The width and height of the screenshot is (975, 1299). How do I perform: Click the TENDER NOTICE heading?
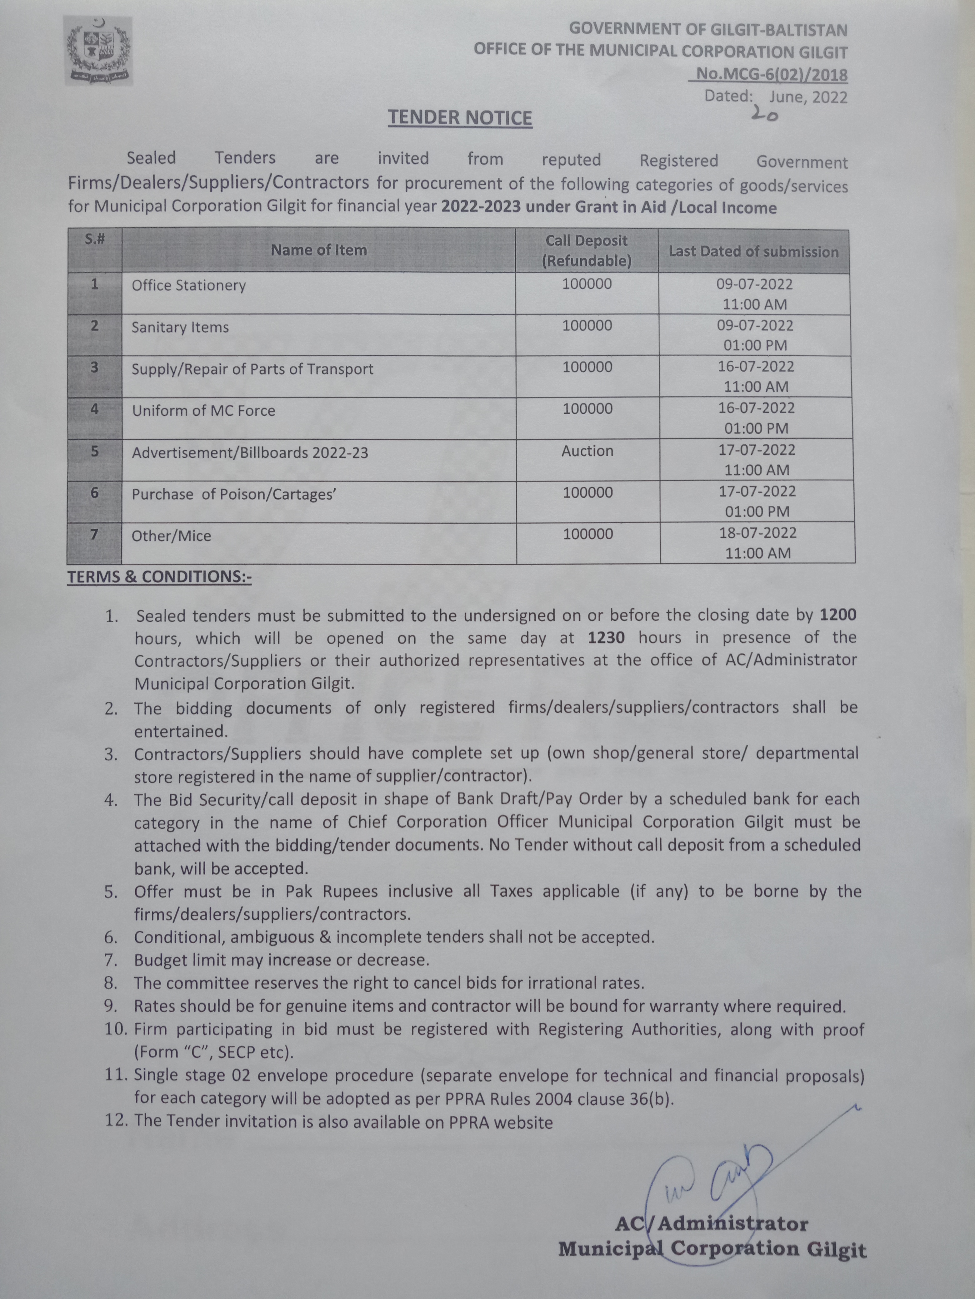460,117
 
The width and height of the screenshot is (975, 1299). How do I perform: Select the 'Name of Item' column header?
318,250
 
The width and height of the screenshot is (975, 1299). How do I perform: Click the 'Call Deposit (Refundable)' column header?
587,251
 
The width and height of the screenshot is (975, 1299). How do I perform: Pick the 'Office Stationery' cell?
189,285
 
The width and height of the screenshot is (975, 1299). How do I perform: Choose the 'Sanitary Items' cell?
180,327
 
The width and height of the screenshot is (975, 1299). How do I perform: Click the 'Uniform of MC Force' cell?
203,411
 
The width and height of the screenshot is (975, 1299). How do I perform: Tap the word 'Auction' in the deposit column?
587,451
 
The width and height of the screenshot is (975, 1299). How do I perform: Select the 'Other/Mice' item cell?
171,536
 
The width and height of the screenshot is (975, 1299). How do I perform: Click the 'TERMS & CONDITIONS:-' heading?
159,577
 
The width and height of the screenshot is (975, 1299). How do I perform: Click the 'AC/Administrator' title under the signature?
711,1224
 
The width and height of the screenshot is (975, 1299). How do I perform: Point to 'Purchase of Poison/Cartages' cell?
233,495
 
